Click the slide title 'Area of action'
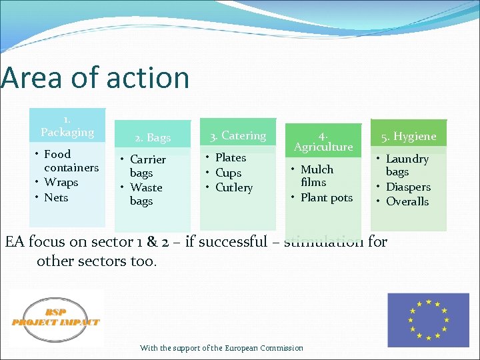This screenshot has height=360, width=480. coord(95,78)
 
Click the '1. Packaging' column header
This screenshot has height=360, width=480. coord(67,125)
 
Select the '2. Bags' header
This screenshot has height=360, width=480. coord(153,138)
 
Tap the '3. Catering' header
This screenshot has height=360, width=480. coord(238,136)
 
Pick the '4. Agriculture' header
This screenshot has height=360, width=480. coord(323,140)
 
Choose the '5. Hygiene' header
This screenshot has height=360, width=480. coord(408,137)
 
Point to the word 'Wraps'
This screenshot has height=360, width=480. coord(61,183)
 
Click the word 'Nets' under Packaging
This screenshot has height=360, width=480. coord(56,197)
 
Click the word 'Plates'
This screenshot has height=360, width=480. coord(231,158)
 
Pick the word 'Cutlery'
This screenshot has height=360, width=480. coord(234,188)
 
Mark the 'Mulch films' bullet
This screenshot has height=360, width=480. coord(315,175)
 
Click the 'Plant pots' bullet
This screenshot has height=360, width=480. coord(326,198)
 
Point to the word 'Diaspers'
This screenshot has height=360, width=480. coord(408,187)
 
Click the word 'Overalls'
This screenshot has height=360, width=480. coord(407,201)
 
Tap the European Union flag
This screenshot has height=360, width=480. coord(428,320)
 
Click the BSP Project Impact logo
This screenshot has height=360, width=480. coord(56,318)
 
